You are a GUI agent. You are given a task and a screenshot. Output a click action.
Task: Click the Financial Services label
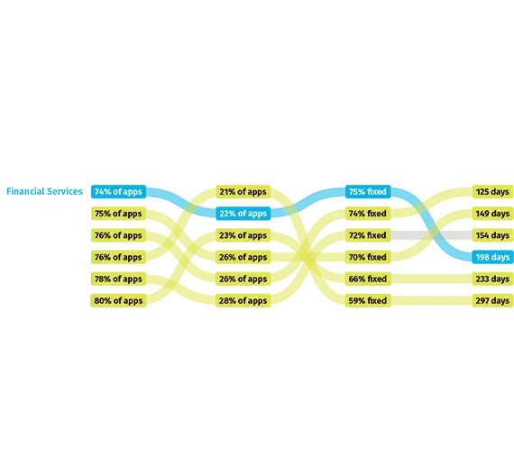coord(44,191)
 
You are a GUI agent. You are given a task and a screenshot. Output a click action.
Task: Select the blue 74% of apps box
coord(118,192)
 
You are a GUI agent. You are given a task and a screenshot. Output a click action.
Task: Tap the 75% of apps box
coord(118,214)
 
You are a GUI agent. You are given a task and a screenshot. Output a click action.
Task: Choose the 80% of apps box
coord(118,300)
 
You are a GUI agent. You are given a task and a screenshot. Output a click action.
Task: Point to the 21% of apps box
coord(243,192)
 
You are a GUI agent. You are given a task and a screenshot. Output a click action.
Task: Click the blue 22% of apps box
coord(243,214)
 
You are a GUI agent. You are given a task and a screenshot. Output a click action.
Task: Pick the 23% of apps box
coord(243,235)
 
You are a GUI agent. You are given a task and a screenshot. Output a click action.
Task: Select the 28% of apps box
coord(243,300)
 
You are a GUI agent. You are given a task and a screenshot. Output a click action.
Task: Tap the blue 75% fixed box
coord(368,192)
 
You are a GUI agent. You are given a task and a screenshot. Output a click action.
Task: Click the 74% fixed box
coord(368,214)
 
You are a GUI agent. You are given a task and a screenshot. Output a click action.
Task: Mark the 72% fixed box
coord(368,235)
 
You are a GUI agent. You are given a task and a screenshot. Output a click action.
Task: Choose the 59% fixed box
coord(368,300)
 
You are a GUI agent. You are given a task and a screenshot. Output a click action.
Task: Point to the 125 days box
coord(492,192)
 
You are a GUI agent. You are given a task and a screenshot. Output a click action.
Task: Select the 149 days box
coord(492,214)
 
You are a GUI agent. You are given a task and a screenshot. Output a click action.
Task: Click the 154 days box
coord(492,235)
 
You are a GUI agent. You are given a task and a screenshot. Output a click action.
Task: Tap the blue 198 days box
coord(492,257)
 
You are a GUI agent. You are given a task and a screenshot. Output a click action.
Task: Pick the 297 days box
coord(492,300)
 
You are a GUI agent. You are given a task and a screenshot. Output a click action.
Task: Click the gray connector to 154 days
coord(431,235)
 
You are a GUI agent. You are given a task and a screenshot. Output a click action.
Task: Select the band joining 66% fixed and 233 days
coord(431,279)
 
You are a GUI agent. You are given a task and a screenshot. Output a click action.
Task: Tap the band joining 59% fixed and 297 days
coord(431,300)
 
